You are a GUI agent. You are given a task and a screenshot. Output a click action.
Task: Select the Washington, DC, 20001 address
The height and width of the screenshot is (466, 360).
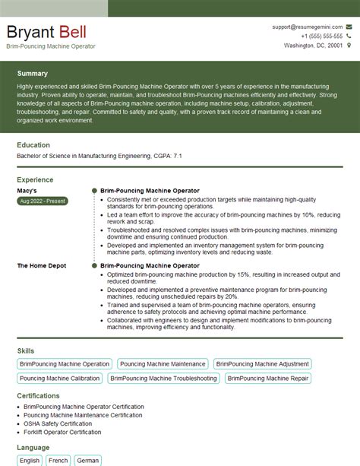point(313,46)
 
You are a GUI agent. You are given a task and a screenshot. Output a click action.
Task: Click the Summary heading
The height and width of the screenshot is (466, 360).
point(32,74)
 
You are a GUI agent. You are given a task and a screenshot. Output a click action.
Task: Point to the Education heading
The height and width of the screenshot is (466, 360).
point(33,145)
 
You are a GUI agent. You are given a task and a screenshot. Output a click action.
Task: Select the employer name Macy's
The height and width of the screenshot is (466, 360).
point(27,191)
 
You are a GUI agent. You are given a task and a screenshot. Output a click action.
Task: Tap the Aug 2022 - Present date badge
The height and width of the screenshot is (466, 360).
point(42,201)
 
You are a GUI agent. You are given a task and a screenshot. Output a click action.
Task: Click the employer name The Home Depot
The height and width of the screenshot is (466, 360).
point(41,266)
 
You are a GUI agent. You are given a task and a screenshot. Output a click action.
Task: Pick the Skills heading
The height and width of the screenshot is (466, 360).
point(26,350)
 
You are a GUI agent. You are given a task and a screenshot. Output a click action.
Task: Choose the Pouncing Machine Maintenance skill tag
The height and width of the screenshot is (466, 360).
point(163,364)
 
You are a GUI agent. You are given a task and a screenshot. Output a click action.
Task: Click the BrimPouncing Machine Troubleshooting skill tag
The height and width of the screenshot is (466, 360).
point(163,378)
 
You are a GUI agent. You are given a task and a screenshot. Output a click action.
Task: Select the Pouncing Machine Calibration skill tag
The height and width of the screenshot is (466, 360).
point(60,378)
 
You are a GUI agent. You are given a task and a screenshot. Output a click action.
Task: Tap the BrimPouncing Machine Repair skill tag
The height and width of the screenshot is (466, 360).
point(268,378)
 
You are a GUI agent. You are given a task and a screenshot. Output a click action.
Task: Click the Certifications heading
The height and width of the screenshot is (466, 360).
point(38,396)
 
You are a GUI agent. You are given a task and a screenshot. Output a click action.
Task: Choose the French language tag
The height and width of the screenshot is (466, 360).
point(58,461)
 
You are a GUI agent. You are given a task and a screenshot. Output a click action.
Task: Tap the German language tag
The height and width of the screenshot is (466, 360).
point(87,461)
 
